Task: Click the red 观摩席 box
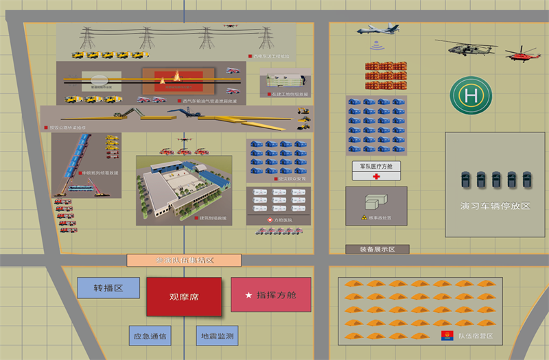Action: pos(183,297)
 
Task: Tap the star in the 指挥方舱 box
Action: pos(248,296)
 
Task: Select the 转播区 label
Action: pos(108,288)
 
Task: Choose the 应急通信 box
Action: pos(150,336)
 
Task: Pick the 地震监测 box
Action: pos(216,336)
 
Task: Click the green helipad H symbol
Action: pos(471,95)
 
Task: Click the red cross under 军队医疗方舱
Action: pos(376,176)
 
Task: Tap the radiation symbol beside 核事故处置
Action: pos(365,217)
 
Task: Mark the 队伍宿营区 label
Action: pos(476,336)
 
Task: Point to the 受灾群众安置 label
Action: pos(290,178)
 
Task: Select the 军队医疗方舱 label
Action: pos(376,166)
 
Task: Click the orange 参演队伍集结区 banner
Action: pos(184,260)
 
